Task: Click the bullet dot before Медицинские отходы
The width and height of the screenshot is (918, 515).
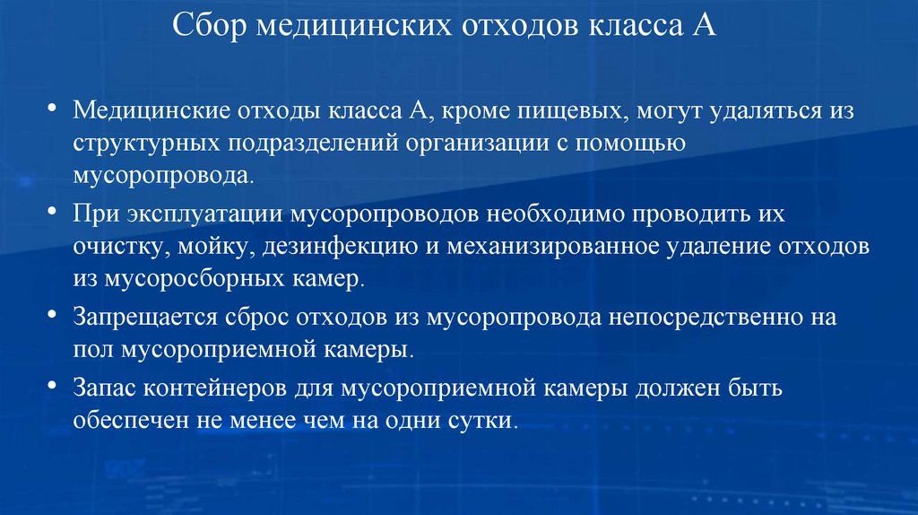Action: click(x=53, y=111)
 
